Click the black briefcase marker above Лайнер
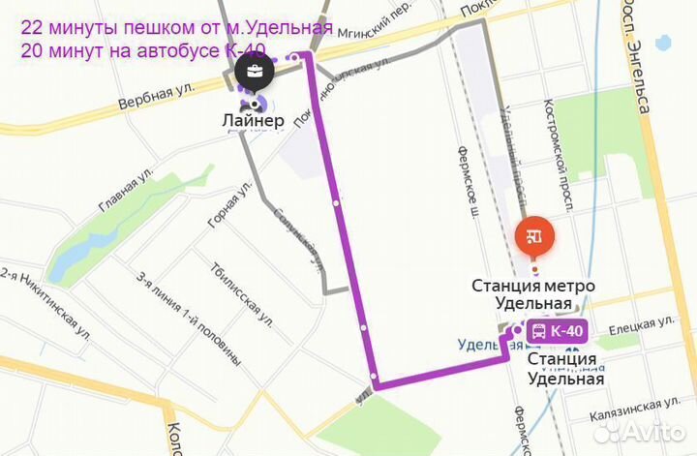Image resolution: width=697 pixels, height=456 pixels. [x=253, y=71]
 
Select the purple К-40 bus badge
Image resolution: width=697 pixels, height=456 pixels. [x=558, y=331]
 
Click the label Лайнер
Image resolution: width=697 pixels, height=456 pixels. [x=253, y=121]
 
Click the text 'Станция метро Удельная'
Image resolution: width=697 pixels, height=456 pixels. [x=532, y=294]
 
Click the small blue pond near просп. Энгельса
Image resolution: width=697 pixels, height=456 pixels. [x=664, y=43]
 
